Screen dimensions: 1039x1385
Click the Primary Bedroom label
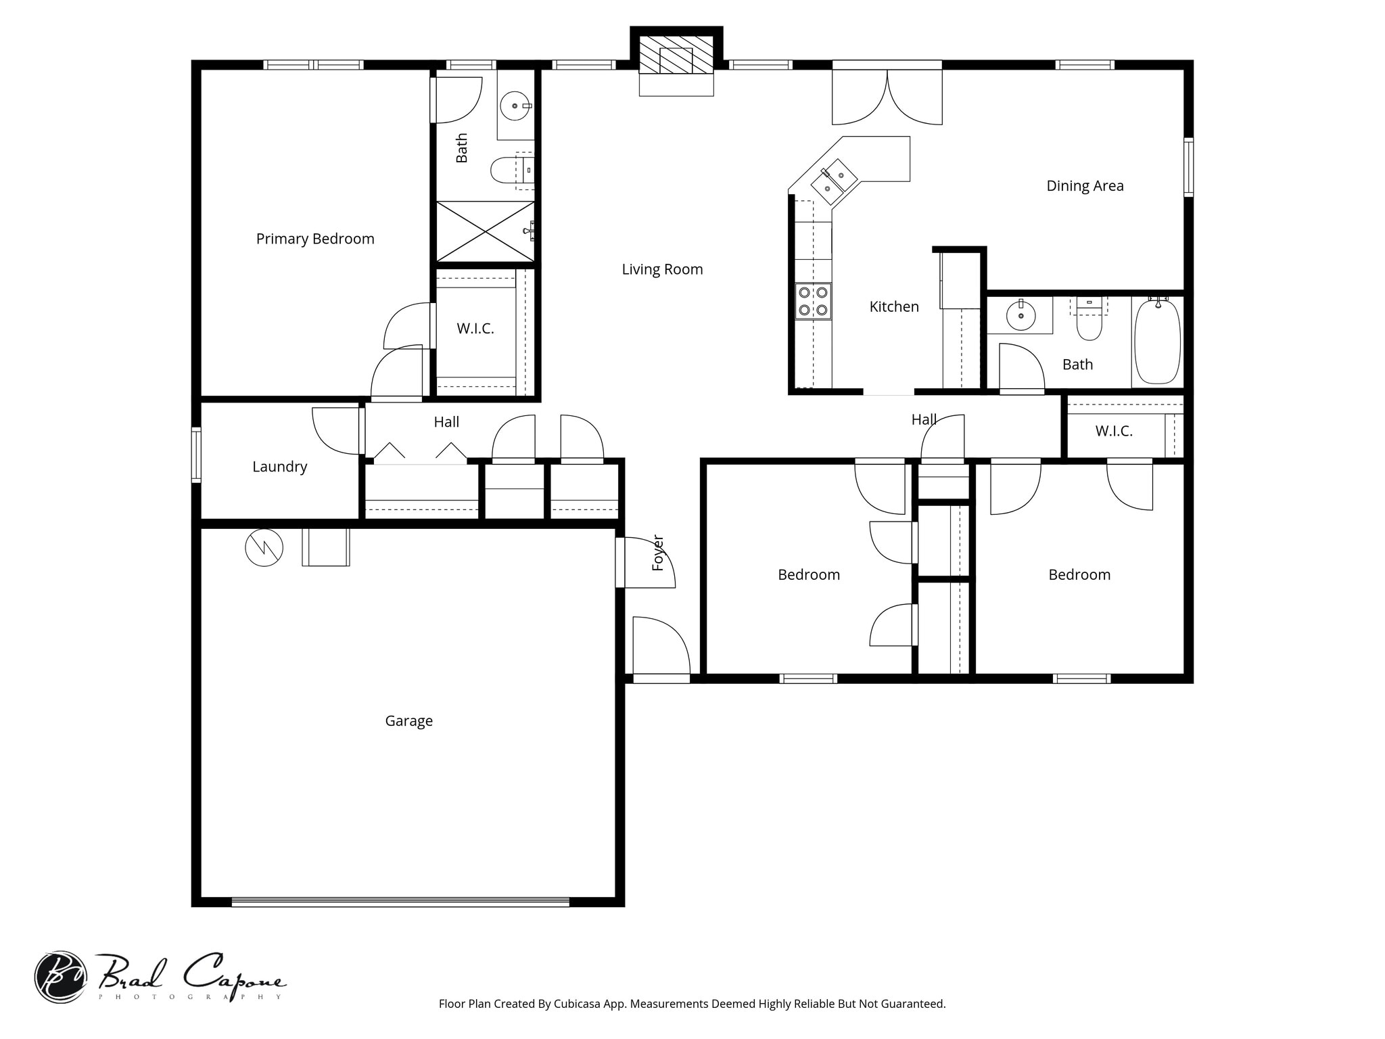click(x=315, y=239)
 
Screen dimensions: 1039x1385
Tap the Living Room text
click(x=662, y=269)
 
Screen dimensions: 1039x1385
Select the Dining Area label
click(x=1085, y=186)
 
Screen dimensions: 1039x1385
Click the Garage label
click(x=408, y=721)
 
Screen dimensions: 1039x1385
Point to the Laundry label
click(x=279, y=467)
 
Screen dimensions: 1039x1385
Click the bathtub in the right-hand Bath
click(x=1157, y=342)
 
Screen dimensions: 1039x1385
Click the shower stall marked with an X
click(x=486, y=231)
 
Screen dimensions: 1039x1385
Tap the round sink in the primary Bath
click(x=515, y=106)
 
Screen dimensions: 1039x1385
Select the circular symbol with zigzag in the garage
click(x=264, y=548)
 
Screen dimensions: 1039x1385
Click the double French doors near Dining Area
click(x=887, y=98)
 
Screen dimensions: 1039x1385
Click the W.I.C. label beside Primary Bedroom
click(x=475, y=329)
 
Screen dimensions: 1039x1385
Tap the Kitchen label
click(x=893, y=307)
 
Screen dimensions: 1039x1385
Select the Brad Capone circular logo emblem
click(x=60, y=977)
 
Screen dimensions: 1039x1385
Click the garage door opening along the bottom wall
click(x=400, y=902)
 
